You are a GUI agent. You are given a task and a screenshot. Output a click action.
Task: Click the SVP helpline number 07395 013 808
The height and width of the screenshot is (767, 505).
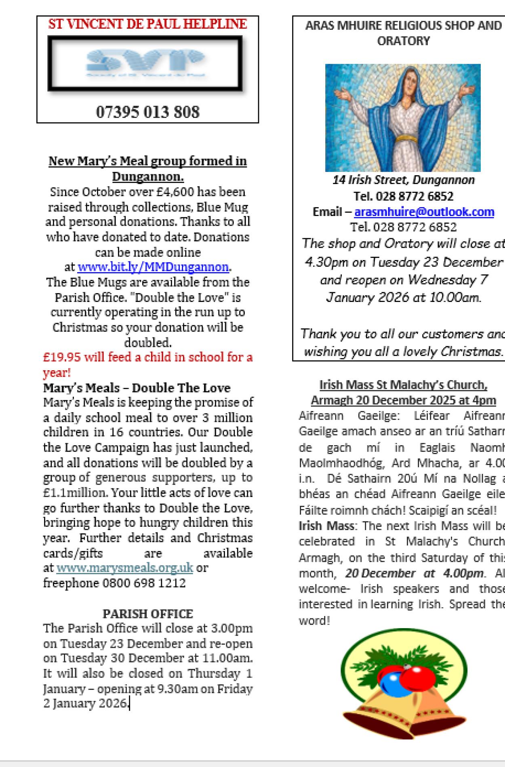pos(147,111)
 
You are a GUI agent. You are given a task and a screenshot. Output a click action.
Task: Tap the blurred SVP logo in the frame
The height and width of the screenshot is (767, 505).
pos(145,63)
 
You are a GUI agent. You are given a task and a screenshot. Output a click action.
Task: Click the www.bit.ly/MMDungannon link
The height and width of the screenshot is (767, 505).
pos(153,267)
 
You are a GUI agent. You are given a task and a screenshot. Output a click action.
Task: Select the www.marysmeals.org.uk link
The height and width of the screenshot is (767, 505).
pos(125,568)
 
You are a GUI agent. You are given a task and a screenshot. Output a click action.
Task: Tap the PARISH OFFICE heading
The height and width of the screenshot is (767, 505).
pos(148,614)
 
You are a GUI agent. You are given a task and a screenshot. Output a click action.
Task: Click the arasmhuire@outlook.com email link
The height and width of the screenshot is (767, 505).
pos(424,212)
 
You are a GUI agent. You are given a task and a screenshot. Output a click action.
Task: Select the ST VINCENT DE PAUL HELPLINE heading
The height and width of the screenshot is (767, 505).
pos(147,24)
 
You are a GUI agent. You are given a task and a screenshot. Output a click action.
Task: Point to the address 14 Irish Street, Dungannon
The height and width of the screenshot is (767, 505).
pos(404,180)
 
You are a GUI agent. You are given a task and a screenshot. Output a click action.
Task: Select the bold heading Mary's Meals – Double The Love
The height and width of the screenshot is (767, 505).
pos(137,388)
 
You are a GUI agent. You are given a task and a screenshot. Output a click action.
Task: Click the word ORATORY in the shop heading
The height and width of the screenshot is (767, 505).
pos(403,41)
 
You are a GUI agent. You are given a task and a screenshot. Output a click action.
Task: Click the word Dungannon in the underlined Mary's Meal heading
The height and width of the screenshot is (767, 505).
pos(147,177)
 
